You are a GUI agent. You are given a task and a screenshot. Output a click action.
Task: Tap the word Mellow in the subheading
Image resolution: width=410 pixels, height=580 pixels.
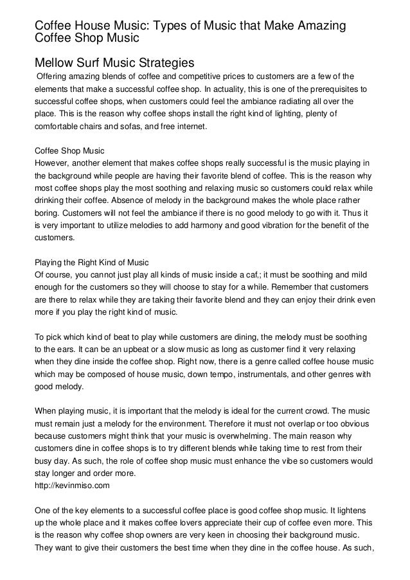[x=55, y=64]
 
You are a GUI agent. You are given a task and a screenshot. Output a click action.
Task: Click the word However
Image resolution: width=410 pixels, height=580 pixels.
[x=50, y=164]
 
